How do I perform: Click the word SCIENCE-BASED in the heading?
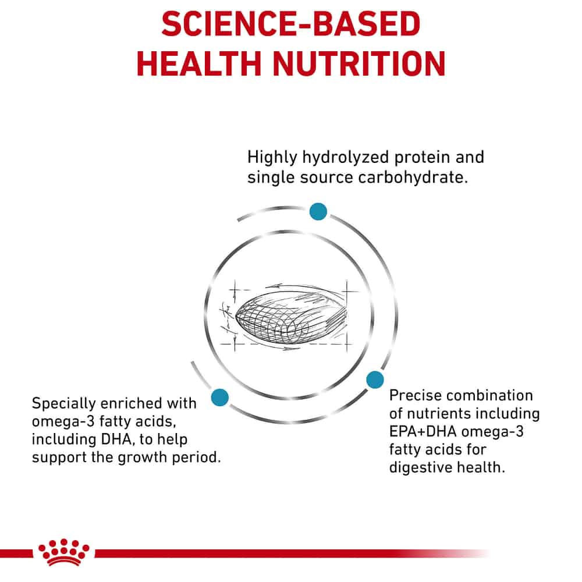290,24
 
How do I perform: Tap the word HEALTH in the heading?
199,64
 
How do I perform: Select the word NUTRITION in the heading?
359,64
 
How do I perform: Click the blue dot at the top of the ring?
318,212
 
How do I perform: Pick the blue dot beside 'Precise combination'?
375,379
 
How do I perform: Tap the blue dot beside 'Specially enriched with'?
220,397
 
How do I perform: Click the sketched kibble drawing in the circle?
289,318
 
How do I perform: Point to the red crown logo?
63,552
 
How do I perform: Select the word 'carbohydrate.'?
413,178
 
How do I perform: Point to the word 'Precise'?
413,395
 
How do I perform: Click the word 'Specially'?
63,404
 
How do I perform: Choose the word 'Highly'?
272,158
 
